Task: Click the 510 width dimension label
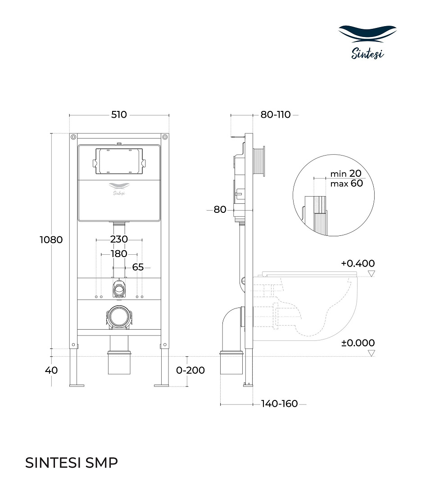click(119, 115)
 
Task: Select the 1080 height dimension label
click(51, 240)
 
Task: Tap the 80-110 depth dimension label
click(276, 115)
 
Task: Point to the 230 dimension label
click(119, 239)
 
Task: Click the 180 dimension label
click(119, 254)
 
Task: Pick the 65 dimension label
click(138, 267)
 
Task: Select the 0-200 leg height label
click(190, 370)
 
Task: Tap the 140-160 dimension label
click(280, 404)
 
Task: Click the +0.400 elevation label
click(358, 263)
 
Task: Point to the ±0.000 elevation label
click(358, 343)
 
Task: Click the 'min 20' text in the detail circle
click(346, 174)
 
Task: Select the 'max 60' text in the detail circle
click(346, 184)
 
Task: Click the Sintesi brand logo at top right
click(367, 42)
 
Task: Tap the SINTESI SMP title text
click(72, 463)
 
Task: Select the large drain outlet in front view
click(119, 317)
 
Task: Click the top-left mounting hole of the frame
click(73, 137)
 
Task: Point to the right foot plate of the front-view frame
click(162, 385)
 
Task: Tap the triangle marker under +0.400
click(371, 274)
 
